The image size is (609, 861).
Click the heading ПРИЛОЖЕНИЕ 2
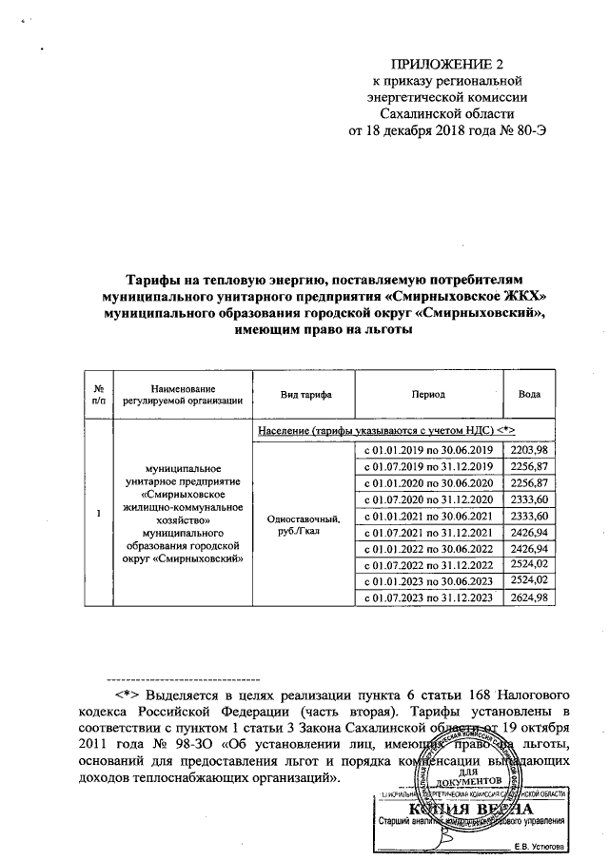pyautogui.click(x=445, y=64)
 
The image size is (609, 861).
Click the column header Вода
pyautogui.click(x=529, y=394)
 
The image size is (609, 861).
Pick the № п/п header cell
pyautogui.click(x=98, y=394)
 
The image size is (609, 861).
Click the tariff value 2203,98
pyautogui.click(x=529, y=449)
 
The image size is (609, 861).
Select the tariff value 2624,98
pyautogui.click(x=529, y=597)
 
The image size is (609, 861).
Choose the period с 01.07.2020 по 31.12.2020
pyautogui.click(x=427, y=499)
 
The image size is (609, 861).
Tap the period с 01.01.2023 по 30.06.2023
pyautogui.click(x=427, y=580)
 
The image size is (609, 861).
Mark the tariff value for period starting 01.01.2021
pyautogui.click(x=529, y=515)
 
